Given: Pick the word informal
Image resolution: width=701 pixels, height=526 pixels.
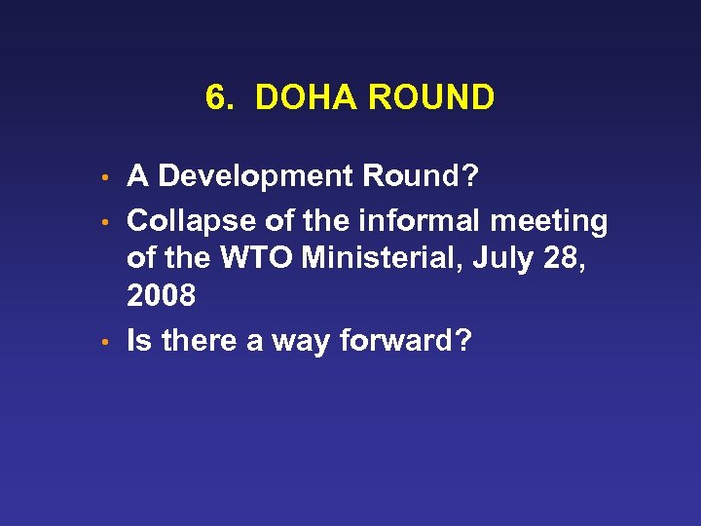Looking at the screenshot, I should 423,222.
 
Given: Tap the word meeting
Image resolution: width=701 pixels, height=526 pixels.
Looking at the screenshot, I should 549,222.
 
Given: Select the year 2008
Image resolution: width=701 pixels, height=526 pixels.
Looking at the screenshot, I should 161,296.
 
